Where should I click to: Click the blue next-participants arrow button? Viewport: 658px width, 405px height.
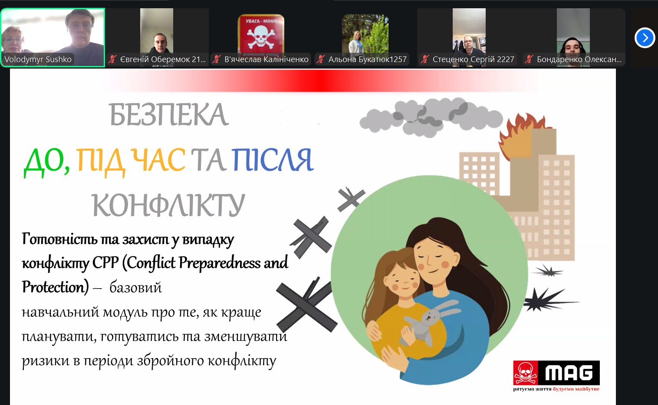645,38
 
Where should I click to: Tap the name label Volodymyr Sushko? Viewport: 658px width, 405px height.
38,59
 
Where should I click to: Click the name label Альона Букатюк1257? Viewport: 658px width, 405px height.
367,59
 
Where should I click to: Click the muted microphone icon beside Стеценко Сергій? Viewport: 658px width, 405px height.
424,59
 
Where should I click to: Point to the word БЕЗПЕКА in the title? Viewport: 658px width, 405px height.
168,115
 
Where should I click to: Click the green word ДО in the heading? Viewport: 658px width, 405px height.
47,161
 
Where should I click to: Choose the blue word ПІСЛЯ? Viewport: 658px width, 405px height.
273,160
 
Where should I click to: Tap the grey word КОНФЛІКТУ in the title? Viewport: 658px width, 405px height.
168,205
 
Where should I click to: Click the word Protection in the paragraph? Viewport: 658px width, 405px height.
55,287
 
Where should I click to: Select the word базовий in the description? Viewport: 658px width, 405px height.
135,287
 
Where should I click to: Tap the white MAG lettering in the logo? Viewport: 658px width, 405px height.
569,373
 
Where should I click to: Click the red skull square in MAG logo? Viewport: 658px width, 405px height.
526,373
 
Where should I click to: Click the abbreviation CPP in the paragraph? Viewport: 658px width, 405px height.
105,263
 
